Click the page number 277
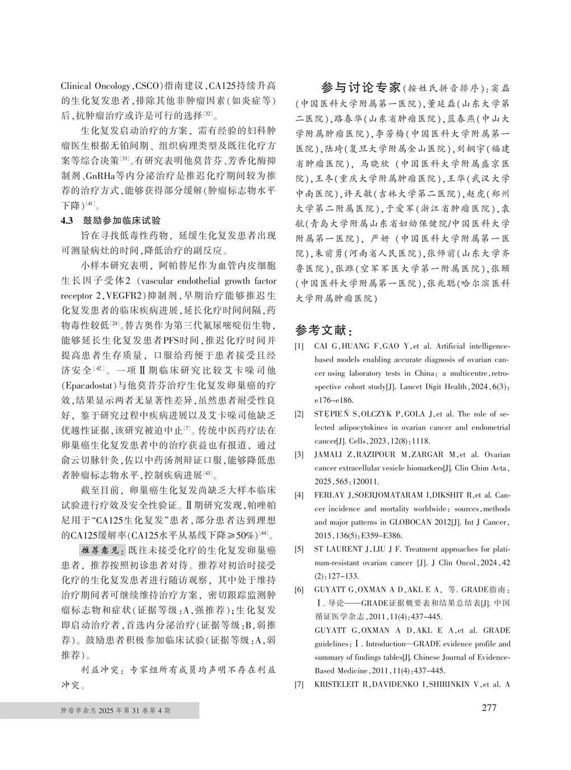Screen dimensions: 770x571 coord(489,707)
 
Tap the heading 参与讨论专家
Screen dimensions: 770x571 coord(361,88)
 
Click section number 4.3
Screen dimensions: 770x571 coord(67,221)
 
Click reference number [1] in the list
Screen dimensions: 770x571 coord(299,347)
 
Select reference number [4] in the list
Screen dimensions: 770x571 coord(299,496)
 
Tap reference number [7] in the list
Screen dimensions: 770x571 coord(299,684)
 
